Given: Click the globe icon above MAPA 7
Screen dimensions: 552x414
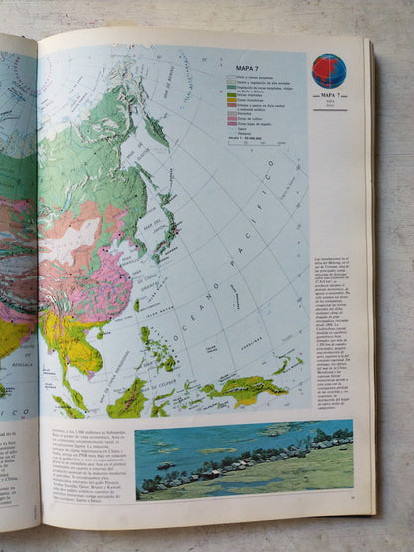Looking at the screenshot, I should click(x=328, y=71).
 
